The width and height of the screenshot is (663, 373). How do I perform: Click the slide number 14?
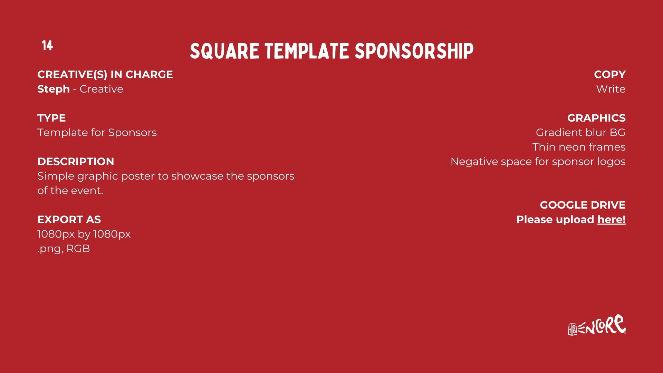(x=47, y=46)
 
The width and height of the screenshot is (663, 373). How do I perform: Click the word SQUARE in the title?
(x=224, y=51)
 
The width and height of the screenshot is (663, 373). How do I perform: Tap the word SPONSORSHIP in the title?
(x=414, y=51)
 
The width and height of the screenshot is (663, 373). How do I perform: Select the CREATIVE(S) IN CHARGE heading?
(x=105, y=75)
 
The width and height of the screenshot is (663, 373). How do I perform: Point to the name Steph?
(x=54, y=89)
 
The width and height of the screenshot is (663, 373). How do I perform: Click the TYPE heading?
(x=51, y=118)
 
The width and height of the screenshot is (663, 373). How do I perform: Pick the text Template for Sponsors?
(x=97, y=133)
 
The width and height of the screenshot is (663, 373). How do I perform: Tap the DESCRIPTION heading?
(x=76, y=162)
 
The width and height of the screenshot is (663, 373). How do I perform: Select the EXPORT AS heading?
(x=69, y=220)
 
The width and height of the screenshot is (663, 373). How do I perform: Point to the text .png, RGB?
(x=64, y=249)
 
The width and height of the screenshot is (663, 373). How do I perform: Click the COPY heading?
(x=610, y=75)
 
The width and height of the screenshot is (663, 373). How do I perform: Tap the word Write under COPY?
(x=611, y=89)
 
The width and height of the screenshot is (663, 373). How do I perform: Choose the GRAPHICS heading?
(x=596, y=118)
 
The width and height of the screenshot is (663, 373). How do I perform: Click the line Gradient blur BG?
(x=581, y=133)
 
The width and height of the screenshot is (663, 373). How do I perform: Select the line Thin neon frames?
(x=579, y=147)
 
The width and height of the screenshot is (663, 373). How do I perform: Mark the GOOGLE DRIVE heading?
(x=583, y=205)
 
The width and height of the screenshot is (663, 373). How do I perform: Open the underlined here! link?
(x=612, y=220)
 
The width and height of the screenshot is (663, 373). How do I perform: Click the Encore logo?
(x=597, y=325)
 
